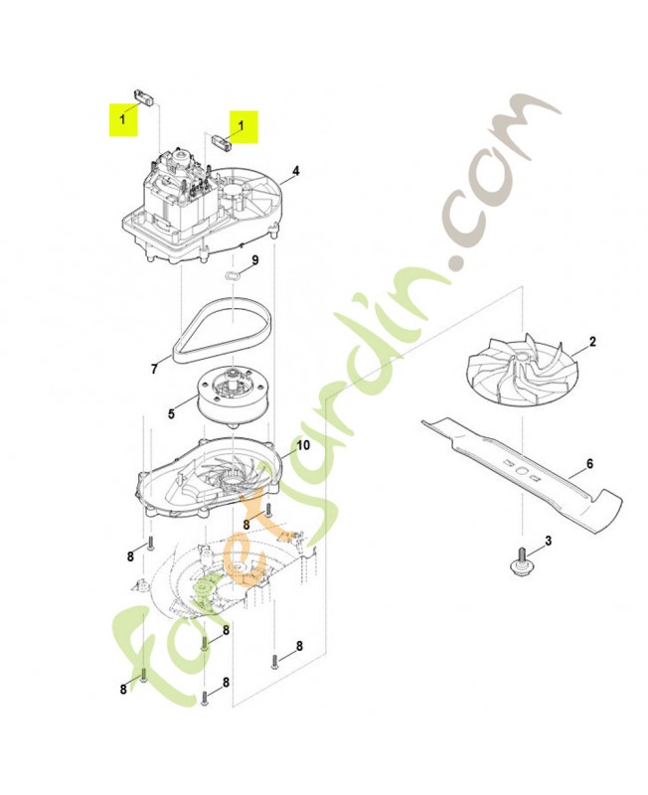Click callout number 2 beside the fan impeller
point(592,341)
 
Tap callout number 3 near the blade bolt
point(548,541)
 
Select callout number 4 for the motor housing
point(295,170)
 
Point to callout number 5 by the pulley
point(171,414)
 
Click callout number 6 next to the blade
point(589,464)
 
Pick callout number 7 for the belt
point(154,369)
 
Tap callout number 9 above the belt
point(255,260)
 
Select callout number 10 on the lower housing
point(303,445)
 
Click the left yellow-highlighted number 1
point(122,119)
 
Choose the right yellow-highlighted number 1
point(241,125)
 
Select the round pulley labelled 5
point(232,398)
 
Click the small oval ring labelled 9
point(233,275)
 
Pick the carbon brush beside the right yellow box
point(222,141)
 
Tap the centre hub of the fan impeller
point(520,358)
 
